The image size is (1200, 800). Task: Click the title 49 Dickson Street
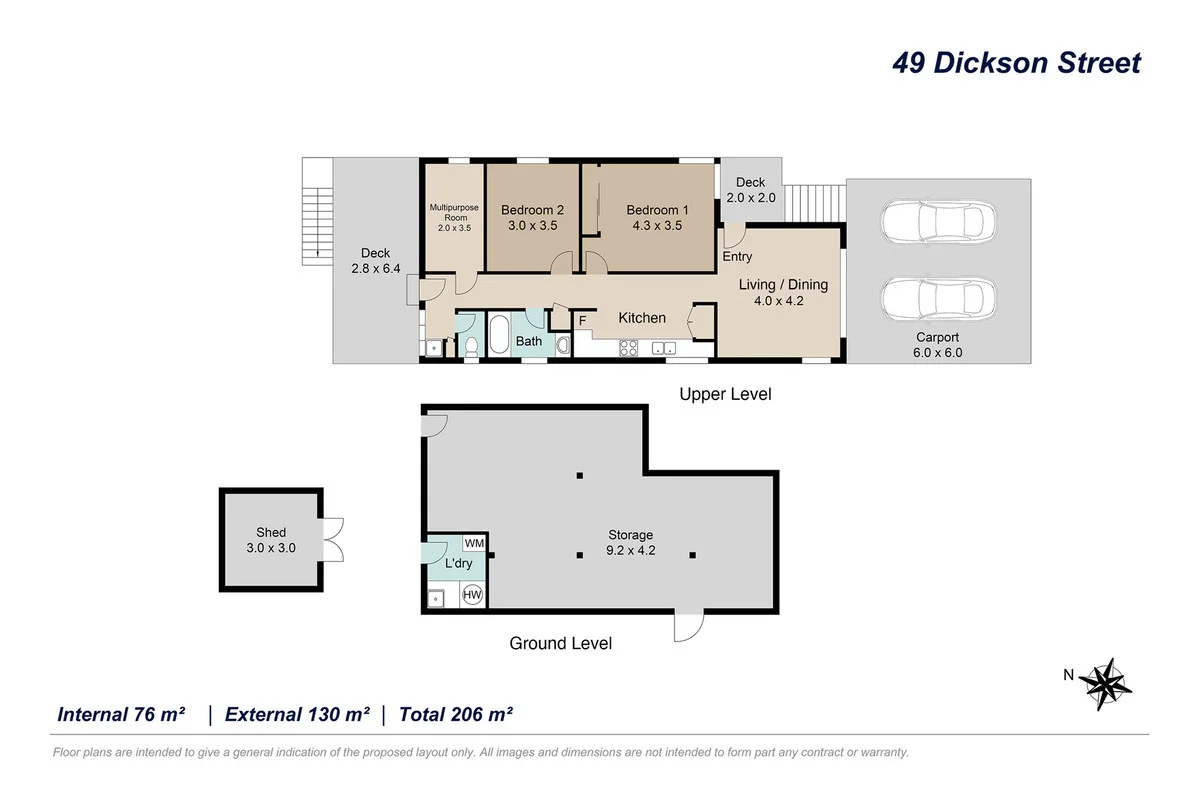[x=1016, y=63]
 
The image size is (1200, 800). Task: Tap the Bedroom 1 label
[x=657, y=218]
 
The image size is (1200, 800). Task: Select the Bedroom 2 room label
[x=532, y=218]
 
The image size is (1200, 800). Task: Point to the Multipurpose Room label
[x=454, y=217]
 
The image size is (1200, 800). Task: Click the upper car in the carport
[x=939, y=221]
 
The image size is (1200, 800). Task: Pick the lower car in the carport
[x=939, y=299]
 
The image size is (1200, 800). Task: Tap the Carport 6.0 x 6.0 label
[x=938, y=345]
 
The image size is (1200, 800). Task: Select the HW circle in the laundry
[x=472, y=595]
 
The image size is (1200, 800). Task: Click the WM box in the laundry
[x=474, y=543]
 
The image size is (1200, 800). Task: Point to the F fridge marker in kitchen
[x=582, y=321]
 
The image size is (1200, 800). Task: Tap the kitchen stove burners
[x=628, y=348]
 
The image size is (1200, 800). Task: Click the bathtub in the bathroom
[x=499, y=335]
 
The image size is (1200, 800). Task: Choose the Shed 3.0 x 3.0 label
[x=271, y=540]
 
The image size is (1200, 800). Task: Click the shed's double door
[x=333, y=540]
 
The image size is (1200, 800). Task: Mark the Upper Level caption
[x=725, y=394]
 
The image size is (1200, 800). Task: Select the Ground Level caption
[x=560, y=643]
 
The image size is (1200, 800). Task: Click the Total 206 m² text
[x=456, y=714]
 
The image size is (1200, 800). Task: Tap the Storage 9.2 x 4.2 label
[x=631, y=542]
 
